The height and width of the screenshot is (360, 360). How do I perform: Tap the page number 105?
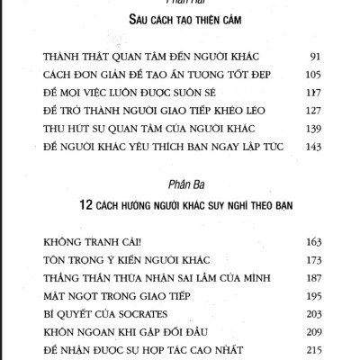coord(312,72)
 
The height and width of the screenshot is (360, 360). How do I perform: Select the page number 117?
coord(312,91)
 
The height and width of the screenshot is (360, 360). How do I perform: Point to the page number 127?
coord(312,110)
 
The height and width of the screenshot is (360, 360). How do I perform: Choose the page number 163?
coord(312,242)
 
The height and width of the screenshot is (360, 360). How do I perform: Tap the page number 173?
coord(312,261)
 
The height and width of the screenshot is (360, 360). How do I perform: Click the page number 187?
coord(312,280)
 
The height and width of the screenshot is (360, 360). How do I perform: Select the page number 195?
coord(312,298)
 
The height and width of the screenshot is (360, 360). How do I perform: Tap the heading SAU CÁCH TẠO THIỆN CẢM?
coord(181,19)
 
